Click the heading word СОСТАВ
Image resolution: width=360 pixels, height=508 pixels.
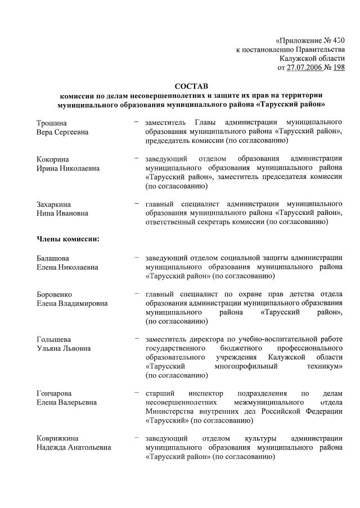coord(191,86)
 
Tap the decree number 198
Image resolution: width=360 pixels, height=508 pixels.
coord(339,68)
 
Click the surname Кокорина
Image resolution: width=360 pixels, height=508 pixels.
coord(53,159)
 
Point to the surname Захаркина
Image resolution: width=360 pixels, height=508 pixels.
coord(55,204)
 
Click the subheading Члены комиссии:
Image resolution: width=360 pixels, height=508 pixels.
coord(68,240)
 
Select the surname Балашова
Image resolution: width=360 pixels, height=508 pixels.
coord(54,258)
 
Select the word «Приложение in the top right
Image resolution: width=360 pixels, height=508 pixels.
coord(299,41)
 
